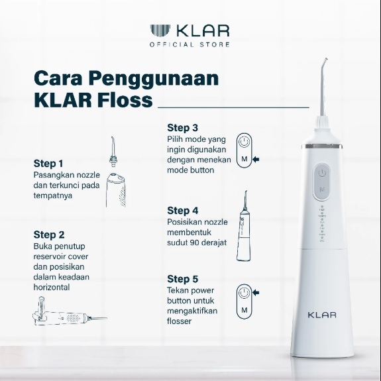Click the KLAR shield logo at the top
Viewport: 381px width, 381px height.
point(160,30)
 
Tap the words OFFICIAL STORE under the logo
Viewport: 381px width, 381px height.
point(190,44)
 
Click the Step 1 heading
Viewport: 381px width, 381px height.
point(48,164)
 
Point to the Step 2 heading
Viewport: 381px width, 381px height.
point(49,235)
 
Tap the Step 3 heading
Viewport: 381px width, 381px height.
point(182,128)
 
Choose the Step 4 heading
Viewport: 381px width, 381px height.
point(182,211)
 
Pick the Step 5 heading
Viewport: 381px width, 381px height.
point(182,279)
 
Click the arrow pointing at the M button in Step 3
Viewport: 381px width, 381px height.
point(256,160)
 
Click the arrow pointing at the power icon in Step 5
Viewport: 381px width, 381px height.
point(256,293)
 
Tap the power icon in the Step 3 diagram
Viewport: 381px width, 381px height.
point(245,142)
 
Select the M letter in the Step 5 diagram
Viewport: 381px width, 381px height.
point(245,310)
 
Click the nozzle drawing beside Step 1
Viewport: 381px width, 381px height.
point(113,152)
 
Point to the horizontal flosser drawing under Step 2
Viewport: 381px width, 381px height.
point(70,311)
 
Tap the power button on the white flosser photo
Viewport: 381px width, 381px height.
point(322,173)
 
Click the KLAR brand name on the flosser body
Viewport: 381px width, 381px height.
point(322,315)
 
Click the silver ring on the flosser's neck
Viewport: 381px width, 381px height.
point(322,146)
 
